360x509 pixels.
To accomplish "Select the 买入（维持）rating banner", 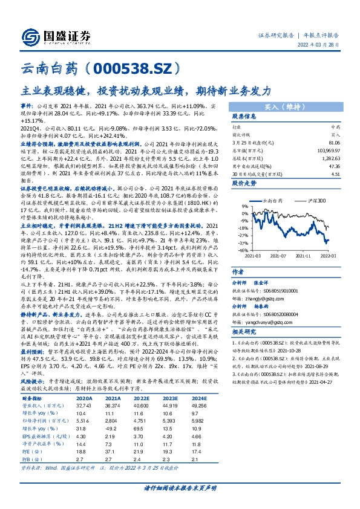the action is [283, 106].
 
